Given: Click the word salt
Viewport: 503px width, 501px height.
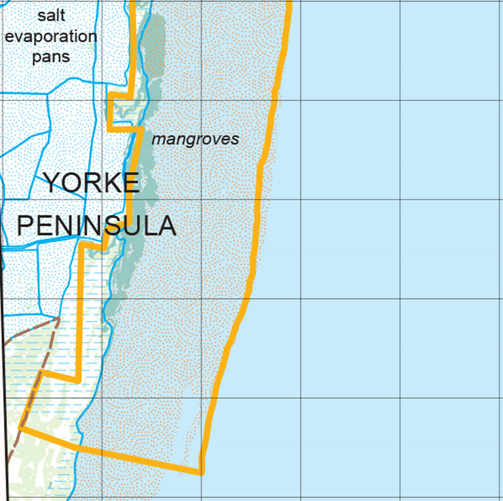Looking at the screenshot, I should (51, 16).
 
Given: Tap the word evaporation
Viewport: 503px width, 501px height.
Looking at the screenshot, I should (51, 37).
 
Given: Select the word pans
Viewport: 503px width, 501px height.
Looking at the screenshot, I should (51, 58).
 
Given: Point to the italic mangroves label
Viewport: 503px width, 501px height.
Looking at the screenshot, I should (195, 139).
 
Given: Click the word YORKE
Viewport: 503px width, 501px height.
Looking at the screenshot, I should (91, 183).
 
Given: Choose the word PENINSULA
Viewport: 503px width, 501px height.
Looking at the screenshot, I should (96, 226).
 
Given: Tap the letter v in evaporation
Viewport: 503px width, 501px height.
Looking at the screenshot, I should (22, 37).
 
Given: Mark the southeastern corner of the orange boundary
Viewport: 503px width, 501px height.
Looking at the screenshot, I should (200, 471).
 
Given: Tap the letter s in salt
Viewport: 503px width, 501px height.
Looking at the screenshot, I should (41, 16).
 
